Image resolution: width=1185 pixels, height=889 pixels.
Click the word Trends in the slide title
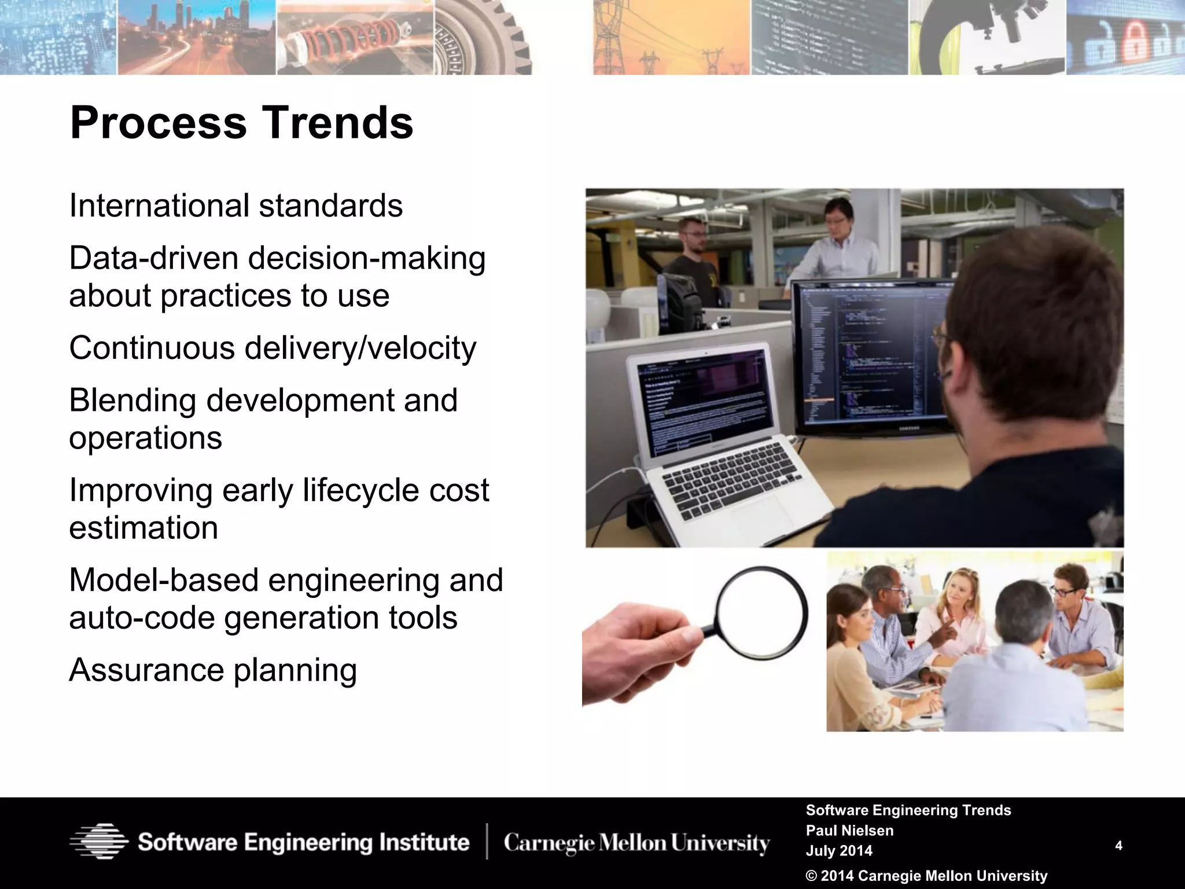338,123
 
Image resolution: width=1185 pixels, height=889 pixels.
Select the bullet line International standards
235,205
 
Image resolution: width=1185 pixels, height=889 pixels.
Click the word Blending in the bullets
133,401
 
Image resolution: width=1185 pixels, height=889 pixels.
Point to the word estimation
143,528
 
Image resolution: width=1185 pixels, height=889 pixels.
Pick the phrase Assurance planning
212,670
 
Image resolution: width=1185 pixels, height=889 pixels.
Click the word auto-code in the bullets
141,618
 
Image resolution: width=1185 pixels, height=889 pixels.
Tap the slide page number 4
1118,846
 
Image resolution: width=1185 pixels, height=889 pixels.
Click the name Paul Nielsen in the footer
849,831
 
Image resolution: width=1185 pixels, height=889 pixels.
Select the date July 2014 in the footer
838,851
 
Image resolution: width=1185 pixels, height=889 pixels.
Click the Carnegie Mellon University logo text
636,843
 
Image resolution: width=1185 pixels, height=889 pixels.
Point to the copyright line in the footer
926,876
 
